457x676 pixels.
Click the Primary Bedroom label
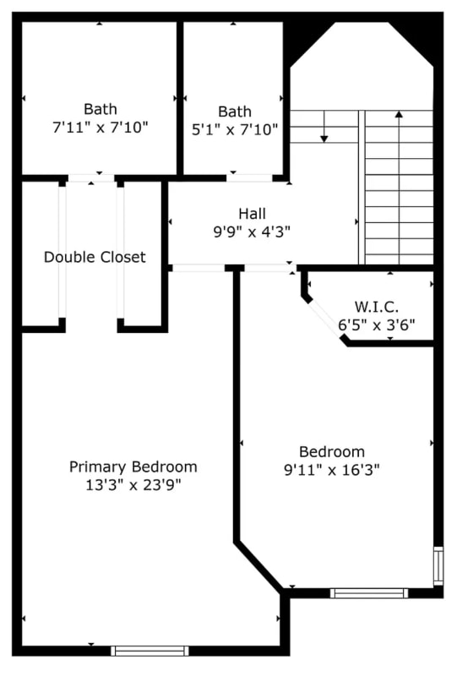tap(133, 466)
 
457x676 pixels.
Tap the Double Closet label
tap(95, 257)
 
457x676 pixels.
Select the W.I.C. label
tap(376, 307)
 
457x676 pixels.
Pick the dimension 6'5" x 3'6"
tap(376, 324)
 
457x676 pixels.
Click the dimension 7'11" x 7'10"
tap(100, 128)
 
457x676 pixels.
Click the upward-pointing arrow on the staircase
tap(399, 113)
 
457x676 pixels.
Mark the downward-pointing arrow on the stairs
tap(324, 136)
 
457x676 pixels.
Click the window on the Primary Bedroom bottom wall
tap(150, 650)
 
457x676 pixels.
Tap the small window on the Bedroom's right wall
tap(438, 566)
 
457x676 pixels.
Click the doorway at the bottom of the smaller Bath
tap(249, 178)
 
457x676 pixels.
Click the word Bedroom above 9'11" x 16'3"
tap(332, 451)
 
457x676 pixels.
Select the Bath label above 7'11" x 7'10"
tap(100, 109)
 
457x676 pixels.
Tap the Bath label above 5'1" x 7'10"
tap(235, 111)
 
